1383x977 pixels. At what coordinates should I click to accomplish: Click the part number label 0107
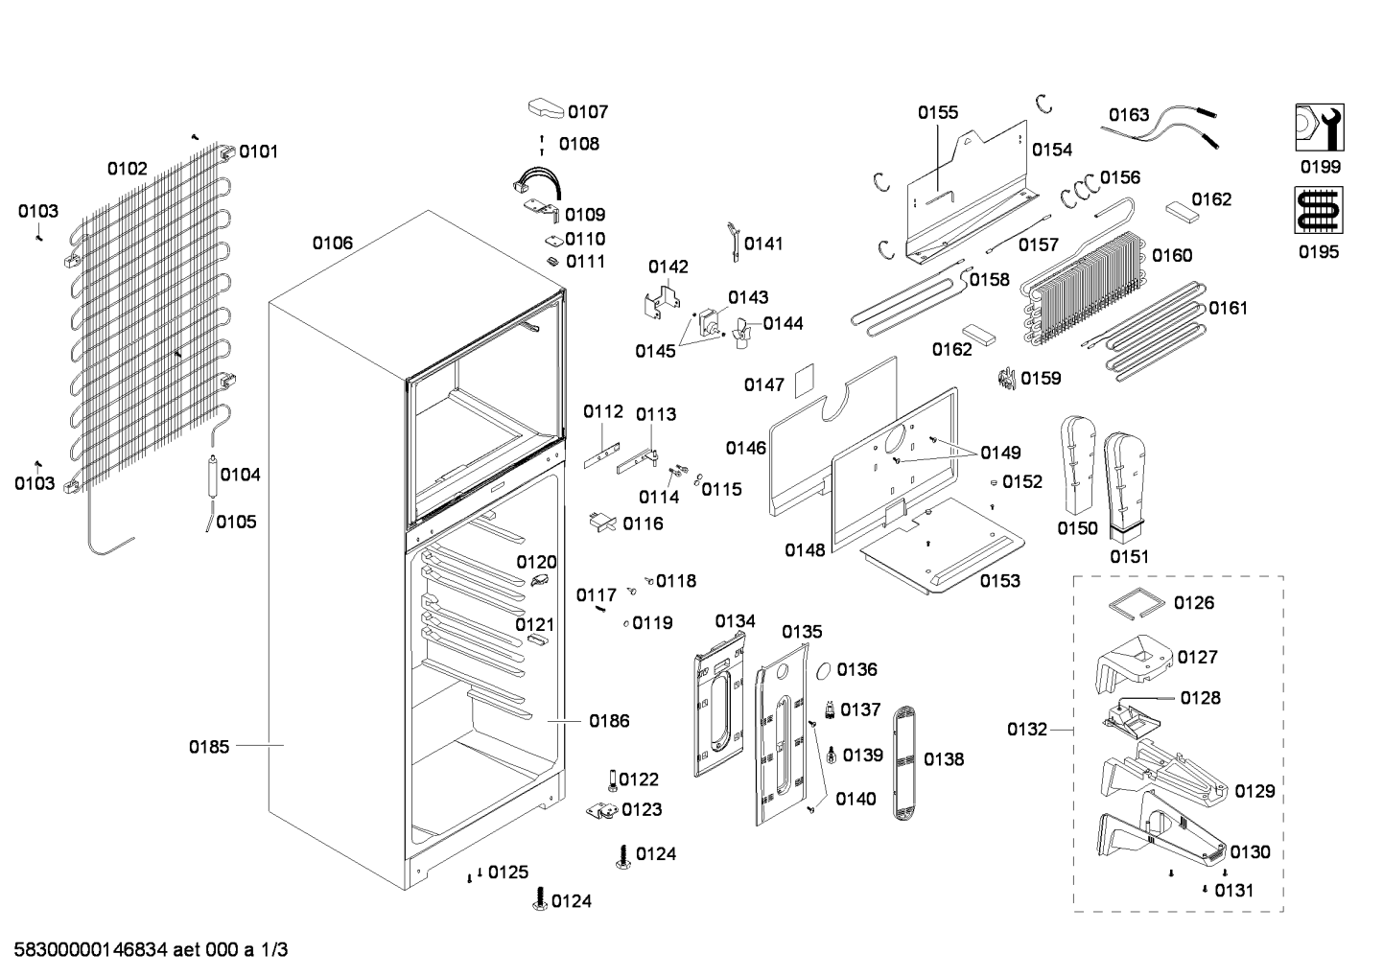coord(588,112)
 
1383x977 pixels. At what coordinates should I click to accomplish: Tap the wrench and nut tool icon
coord(1320,128)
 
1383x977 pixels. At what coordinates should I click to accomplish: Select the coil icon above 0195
coord(1319,211)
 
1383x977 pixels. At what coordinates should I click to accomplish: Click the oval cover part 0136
coord(824,671)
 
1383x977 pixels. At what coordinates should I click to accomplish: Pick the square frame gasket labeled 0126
coord(1136,603)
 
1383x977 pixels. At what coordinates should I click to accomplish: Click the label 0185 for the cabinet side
coord(209,747)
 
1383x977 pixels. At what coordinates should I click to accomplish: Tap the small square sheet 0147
coord(804,381)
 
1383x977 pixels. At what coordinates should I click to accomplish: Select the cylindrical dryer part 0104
coord(213,477)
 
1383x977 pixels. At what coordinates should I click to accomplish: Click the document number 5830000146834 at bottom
coord(91,950)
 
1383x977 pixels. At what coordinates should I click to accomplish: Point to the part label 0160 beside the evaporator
coord(1172,255)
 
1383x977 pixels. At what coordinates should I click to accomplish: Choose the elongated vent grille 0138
coord(903,763)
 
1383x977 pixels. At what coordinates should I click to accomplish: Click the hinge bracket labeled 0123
coord(602,810)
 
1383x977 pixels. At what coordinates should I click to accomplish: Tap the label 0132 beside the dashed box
coord(1027,730)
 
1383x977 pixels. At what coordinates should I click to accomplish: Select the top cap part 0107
coord(547,108)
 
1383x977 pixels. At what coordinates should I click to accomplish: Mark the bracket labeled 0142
coord(661,302)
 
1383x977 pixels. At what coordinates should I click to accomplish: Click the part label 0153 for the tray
coord(1000,581)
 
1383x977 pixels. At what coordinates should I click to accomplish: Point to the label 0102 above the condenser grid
coord(128,169)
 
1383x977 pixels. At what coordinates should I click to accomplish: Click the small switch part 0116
coord(602,522)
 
